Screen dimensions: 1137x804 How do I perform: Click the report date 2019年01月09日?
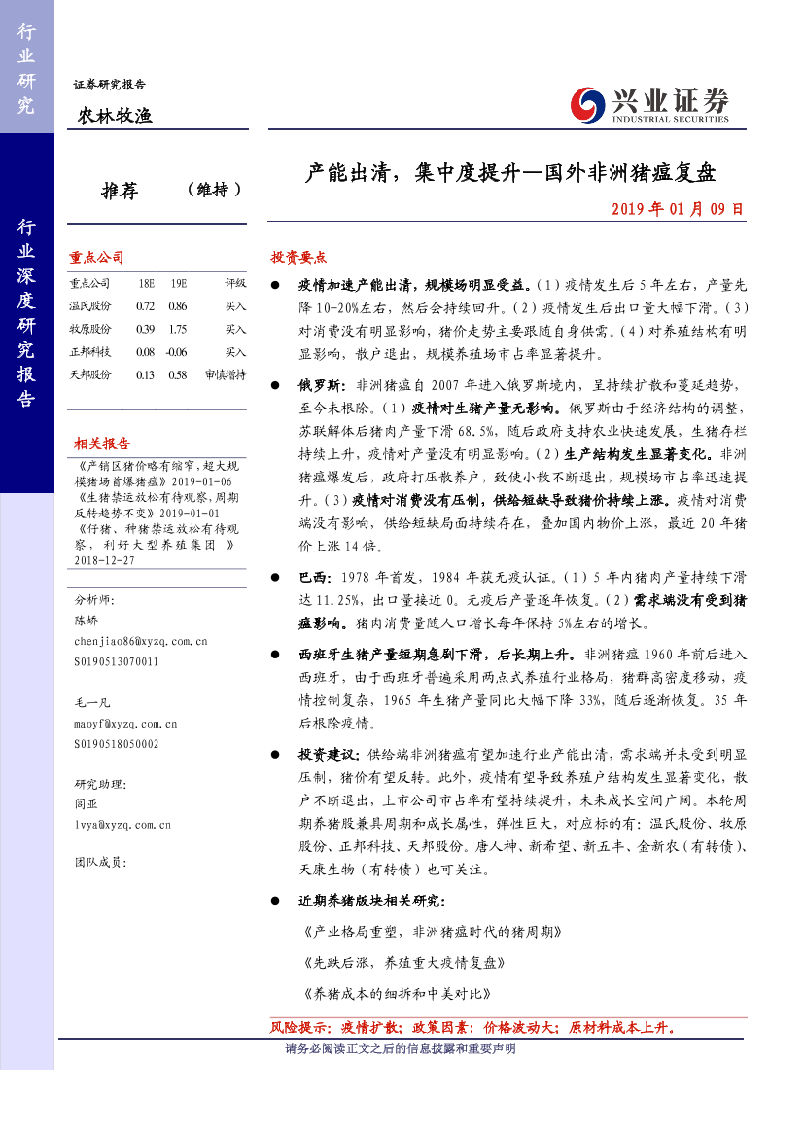click(678, 208)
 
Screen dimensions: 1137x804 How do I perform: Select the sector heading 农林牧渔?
click(115, 117)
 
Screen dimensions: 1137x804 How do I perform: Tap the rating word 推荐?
click(120, 191)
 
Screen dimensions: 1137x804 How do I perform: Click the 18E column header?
click(146, 283)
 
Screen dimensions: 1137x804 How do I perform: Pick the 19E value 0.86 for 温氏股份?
click(177, 306)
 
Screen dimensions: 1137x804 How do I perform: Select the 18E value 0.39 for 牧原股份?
click(146, 329)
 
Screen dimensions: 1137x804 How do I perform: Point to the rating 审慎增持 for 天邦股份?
click(226, 374)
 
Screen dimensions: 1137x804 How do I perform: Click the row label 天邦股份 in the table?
click(90, 374)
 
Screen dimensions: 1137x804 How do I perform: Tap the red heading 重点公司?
click(96, 258)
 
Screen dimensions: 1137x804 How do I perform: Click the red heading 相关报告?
click(102, 444)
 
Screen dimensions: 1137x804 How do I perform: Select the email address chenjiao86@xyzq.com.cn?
click(141, 642)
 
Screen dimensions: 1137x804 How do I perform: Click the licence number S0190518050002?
click(116, 743)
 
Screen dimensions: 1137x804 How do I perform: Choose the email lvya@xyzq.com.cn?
click(122, 824)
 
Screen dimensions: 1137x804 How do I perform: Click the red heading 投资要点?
click(298, 258)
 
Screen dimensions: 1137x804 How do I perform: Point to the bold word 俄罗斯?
click(318, 384)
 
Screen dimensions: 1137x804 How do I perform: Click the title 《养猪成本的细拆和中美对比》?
click(398, 995)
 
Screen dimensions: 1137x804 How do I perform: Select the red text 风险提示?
click(298, 1027)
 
